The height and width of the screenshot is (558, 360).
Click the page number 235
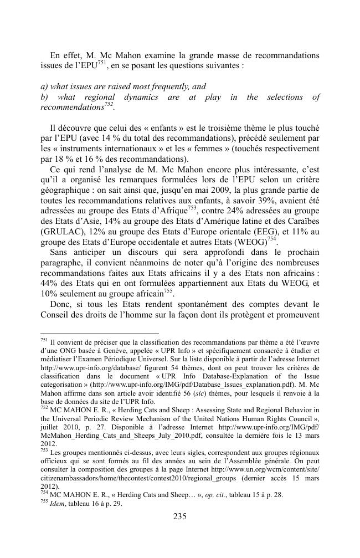(x=179, y=517)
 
